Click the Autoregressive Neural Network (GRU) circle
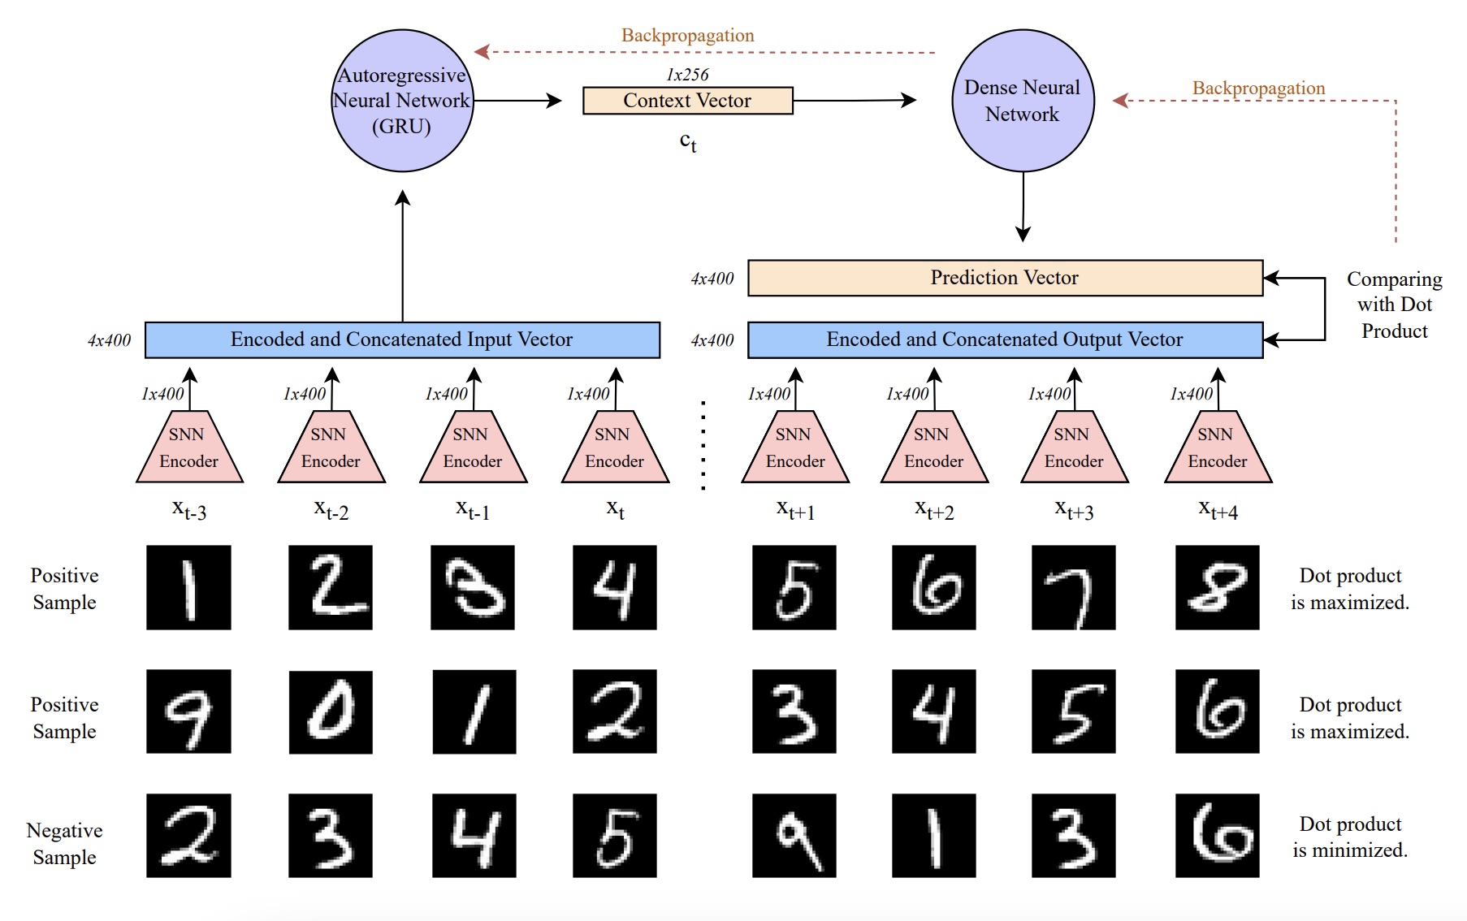402,101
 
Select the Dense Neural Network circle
1023,101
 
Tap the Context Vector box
687,101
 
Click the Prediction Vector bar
1005,278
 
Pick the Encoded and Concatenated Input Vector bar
402,339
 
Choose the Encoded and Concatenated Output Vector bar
1005,339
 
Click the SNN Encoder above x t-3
189,449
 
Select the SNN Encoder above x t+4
1218,449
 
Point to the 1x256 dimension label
687,75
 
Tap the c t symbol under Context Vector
688,142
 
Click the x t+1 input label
795,510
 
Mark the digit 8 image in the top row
1217,587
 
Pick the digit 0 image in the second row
331,711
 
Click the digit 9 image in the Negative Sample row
794,836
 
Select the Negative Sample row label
64,844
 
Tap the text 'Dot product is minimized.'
1350,837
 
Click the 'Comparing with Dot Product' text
1394,305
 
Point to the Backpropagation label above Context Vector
687,36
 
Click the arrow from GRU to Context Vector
517,101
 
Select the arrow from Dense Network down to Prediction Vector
1023,207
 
